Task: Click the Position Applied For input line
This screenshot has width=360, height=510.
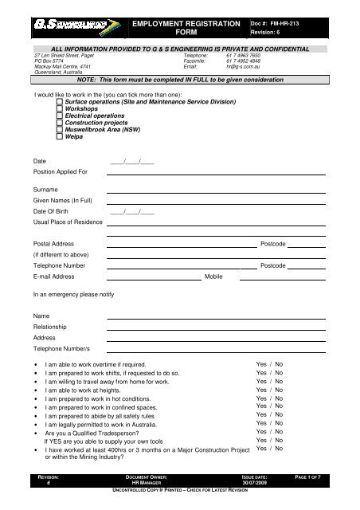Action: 215,172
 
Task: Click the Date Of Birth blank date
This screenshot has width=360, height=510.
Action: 132,211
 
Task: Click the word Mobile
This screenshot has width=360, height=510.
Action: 213,277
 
